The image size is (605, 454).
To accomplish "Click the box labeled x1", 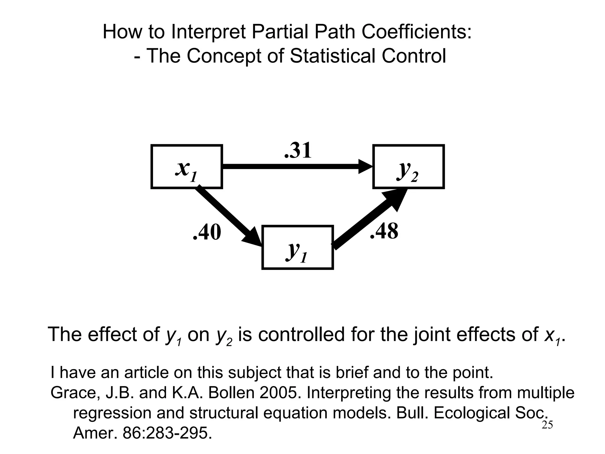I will (x=187, y=167).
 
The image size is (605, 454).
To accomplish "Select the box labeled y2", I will (x=408, y=167).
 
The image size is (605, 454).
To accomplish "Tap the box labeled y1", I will (x=297, y=247).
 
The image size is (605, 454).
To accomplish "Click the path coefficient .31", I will (x=298, y=151).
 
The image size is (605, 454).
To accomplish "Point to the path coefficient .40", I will (x=207, y=232).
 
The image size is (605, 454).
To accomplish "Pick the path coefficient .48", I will (x=384, y=231).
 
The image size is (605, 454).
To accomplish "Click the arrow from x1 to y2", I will (x=295, y=166).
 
